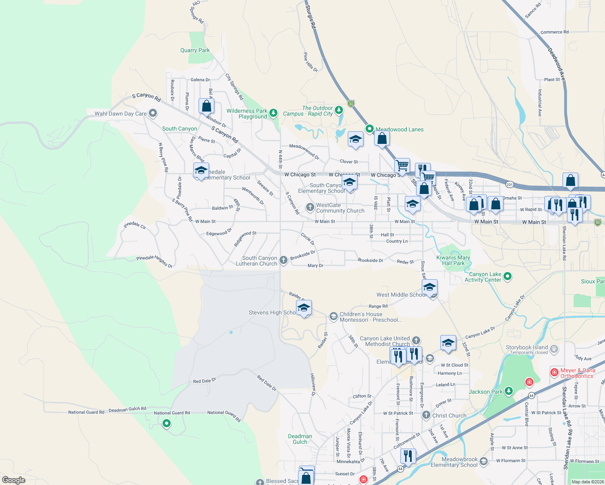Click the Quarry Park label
[x=195, y=51]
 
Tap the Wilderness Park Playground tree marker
[x=273, y=113]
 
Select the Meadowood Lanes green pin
[x=369, y=129]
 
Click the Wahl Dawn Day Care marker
[x=153, y=113]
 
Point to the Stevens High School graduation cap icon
[x=304, y=308]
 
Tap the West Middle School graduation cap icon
[x=429, y=287]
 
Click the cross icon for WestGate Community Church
[x=310, y=207]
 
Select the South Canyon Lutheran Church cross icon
[x=283, y=260]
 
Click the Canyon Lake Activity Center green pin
[x=508, y=276]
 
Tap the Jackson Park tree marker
[x=509, y=391]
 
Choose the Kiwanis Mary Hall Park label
[x=453, y=260]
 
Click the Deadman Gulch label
[x=300, y=439]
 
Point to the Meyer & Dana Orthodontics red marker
[x=554, y=372]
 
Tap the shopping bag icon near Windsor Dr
[x=206, y=106]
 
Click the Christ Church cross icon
[x=426, y=415]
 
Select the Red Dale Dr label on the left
[x=205, y=381]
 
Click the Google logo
[x=14, y=480]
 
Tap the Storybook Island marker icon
[x=554, y=348]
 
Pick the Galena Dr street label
[x=200, y=80]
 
